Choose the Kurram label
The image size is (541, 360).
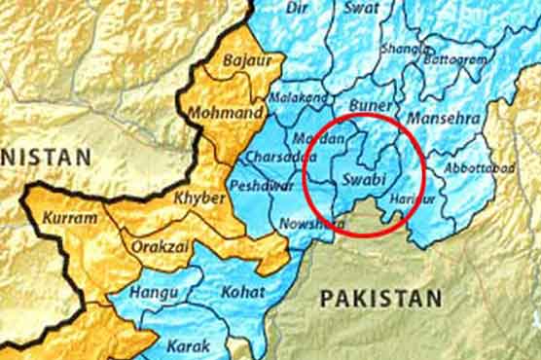click(x=70, y=217)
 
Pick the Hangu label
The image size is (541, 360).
click(x=156, y=292)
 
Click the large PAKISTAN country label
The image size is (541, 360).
click(x=380, y=297)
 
